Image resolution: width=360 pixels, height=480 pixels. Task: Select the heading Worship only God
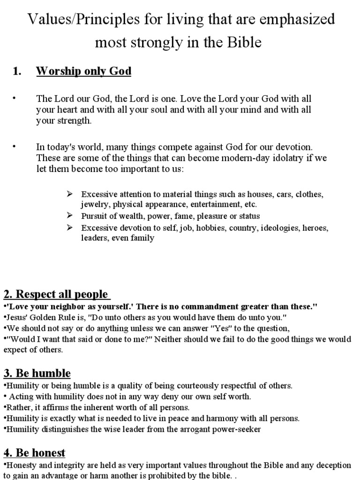[x=84, y=72]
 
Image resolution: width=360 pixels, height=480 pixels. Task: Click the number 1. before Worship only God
[x=17, y=72]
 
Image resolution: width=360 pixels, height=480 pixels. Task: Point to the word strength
[x=75, y=120]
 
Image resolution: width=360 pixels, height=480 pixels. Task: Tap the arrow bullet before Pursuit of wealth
[x=70, y=216]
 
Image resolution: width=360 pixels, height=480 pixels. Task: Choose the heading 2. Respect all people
[x=56, y=294]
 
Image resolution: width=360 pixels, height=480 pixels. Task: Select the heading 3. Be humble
[x=37, y=374]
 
